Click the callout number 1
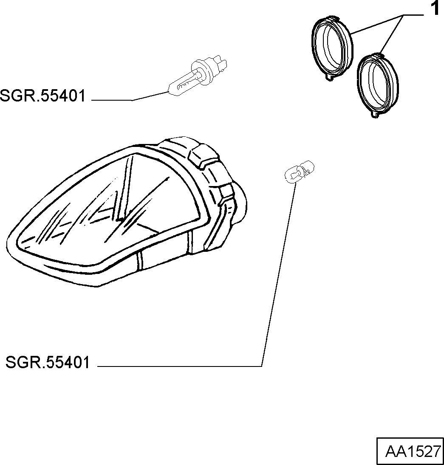pos(435,8)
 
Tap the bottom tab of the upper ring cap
pos(330,77)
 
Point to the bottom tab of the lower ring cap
pos(375,115)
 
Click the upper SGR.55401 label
pos(43,96)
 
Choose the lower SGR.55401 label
pos(48,363)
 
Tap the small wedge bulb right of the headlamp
pos(299,172)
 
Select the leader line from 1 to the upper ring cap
pos(378,24)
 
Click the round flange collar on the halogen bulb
pos(198,69)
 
